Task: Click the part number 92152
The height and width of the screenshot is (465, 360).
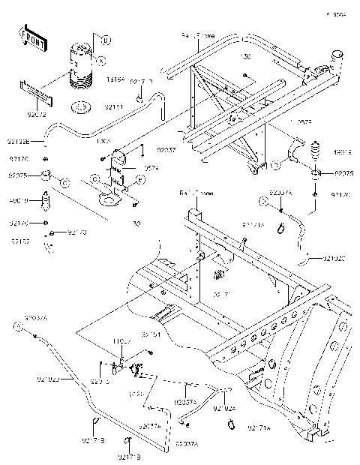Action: (20, 241)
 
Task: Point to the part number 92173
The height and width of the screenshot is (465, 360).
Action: (77, 233)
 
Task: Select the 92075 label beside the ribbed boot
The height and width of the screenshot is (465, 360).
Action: (345, 174)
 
